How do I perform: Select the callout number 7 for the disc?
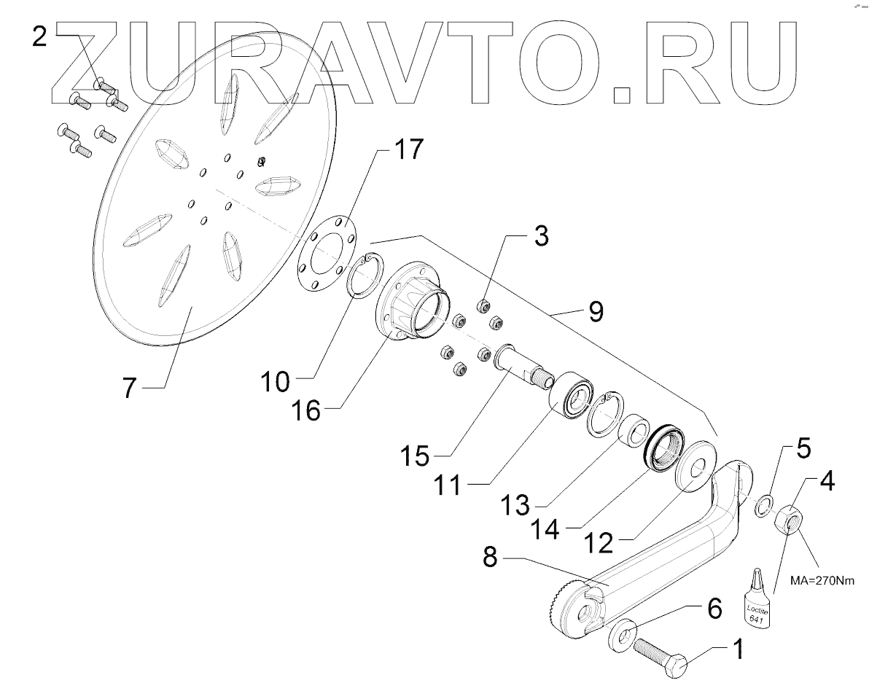(129, 387)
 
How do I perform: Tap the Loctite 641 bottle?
(752, 600)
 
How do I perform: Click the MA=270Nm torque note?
(820, 582)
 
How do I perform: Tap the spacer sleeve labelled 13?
(632, 429)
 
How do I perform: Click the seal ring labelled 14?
(663, 446)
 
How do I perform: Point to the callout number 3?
(539, 237)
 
